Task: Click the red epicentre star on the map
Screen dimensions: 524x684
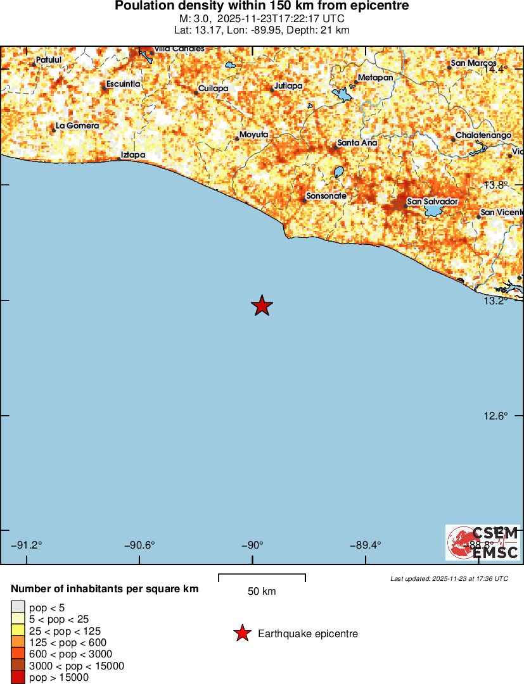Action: (x=262, y=306)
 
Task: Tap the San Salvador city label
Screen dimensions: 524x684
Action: (x=432, y=201)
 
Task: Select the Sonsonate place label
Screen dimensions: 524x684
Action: (x=326, y=196)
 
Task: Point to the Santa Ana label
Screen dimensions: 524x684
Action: (x=357, y=143)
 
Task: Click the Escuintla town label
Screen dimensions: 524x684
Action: (x=123, y=84)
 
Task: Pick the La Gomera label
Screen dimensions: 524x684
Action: (x=77, y=126)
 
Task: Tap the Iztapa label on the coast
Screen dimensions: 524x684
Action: (x=133, y=154)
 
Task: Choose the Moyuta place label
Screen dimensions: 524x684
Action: (x=254, y=135)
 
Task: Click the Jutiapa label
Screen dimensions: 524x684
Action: (x=288, y=85)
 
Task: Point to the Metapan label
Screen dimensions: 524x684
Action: (x=375, y=78)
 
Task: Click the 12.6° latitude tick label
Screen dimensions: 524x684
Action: (x=496, y=416)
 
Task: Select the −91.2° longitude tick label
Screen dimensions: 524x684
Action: (x=27, y=545)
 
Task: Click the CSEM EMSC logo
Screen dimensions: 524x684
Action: (x=483, y=543)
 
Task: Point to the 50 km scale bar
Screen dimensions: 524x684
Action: (x=262, y=578)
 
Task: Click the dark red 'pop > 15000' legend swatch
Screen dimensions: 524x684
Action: (x=18, y=678)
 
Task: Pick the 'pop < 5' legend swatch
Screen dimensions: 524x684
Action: (x=18, y=608)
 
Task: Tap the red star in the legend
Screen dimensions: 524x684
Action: (x=241, y=633)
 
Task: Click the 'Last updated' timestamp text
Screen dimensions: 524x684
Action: (x=449, y=578)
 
